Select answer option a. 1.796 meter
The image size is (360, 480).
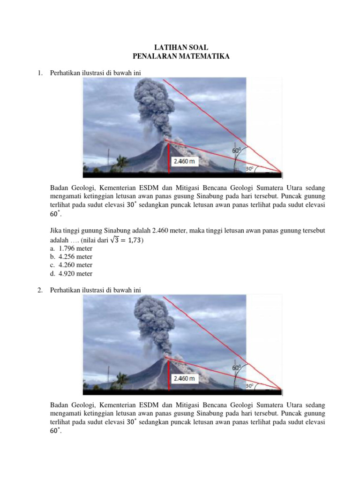[x=71, y=248]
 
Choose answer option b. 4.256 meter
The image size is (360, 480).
[x=71, y=257]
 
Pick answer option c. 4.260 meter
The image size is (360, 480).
[x=71, y=265]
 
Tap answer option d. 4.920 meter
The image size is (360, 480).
[x=71, y=274]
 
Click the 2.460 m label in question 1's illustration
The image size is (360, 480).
[x=184, y=161]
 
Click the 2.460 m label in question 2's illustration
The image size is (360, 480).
[x=184, y=378]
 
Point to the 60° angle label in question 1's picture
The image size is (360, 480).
[x=237, y=150]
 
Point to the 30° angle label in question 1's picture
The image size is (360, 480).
[x=249, y=168]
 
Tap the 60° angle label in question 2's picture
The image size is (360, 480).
[x=237, y=368]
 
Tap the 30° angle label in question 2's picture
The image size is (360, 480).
[x=249, y=386]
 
